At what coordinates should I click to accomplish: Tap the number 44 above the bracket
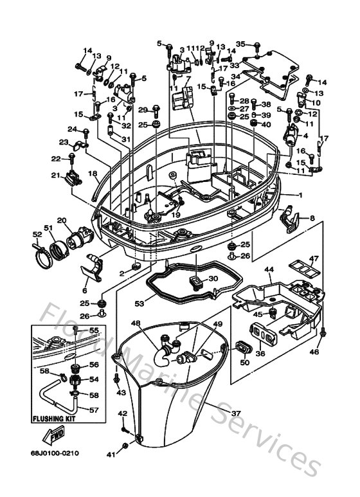(x=269, y=269)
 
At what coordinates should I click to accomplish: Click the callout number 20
(x=62, y=221)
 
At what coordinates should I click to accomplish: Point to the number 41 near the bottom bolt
(x=110, y=454)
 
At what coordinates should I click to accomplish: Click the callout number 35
(x=240, y=44)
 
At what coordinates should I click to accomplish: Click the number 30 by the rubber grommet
(x=213, y=278)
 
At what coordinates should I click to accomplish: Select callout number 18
(x=92, y=174)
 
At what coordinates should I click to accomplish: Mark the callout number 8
(x=312, y=219)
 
